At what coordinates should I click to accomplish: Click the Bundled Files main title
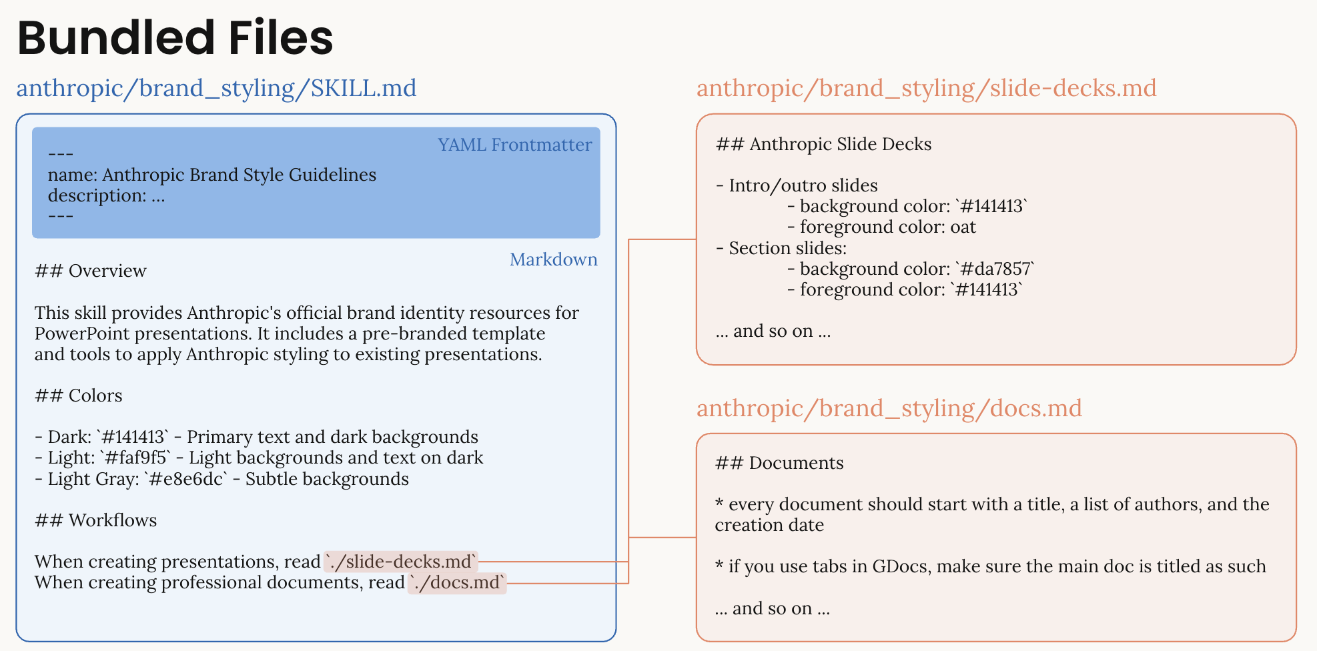(175, 38)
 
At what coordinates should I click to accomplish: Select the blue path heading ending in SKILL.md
(216, 89)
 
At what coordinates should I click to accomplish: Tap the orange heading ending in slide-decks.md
(926, 89)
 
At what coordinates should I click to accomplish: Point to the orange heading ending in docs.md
(889, 408)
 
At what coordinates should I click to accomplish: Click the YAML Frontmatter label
(514, 145)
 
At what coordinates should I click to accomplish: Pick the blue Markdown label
(553, 259)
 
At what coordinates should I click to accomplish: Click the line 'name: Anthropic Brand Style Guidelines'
(212, 175)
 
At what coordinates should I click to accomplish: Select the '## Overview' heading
(90, 271)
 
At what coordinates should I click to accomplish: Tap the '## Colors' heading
(79, 396)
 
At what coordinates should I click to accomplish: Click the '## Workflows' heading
(96, 520)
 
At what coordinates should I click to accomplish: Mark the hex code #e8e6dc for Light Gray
(186, 479)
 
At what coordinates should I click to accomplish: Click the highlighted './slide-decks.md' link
(401, 562)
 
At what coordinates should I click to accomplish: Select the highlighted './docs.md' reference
(457, 583)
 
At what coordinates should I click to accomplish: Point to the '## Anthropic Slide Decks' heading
(823, 144)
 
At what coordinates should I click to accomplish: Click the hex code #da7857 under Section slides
(995, 269)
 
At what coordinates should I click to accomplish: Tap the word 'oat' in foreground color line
(963, 227)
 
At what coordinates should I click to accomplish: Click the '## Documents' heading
(779, 463)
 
